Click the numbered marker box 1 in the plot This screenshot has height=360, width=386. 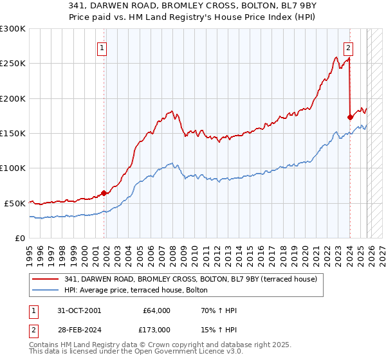pos(102,47)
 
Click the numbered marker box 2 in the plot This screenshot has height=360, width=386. pos(348,47)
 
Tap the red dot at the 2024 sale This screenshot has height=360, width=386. pos(350,117)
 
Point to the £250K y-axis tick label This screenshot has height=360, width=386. pos(13,64)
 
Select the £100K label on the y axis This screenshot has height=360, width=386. pos(13,168)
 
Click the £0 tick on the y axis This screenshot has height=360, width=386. pos(19,238)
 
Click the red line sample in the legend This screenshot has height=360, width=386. pos(46,279)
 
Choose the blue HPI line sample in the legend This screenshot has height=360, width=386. pos(46,290)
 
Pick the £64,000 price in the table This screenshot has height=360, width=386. pos(157,310)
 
